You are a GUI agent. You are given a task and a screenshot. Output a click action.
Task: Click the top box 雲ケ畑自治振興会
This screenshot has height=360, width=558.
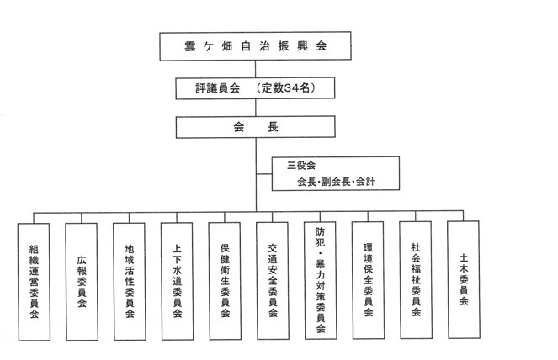pyautogui.click(x=255, y=46)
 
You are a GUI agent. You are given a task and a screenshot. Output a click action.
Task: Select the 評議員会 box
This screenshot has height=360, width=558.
pyautogui.click(x=255, y=88)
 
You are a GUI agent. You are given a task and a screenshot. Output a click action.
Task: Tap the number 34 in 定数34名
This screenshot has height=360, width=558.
pyautogui.click(x=286, y=87)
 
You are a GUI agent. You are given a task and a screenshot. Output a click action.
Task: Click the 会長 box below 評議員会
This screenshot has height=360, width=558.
pyautogui.click(x=256, y=127)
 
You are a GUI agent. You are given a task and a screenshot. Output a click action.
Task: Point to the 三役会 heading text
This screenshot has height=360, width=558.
pyautogui.click(x=301, y=166)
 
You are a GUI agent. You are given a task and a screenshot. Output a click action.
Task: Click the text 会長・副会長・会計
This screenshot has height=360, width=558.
pyautogui.click(x=336, y=183)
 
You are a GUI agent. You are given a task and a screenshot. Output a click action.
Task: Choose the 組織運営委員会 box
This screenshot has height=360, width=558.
pyautogui.click(x=35, y=282)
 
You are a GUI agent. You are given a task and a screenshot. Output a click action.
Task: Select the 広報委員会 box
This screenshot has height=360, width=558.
pyautogui.click(x=82, y=282)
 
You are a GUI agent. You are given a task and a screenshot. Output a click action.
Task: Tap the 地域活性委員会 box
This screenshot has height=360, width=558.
pyautogui.click(x=130, y=281)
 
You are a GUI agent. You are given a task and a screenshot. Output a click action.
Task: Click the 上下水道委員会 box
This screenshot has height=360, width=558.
pyautogui.click(x=178, y=281)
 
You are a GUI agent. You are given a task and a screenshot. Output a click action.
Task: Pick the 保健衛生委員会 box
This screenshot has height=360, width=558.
pyautogui.click(x=225, y=281)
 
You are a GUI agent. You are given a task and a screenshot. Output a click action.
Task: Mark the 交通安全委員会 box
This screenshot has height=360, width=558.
pyautogui.click(x=273, y=281)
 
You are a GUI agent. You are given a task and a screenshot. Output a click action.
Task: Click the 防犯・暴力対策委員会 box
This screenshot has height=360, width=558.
pyautogui.click(x=321, y=280)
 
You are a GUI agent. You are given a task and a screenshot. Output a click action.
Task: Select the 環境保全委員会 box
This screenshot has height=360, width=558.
pyautogui.click(x=369, y=280)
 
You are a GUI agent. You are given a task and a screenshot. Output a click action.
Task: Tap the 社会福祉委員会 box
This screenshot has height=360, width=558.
pyautogui.click(x=416, y=280)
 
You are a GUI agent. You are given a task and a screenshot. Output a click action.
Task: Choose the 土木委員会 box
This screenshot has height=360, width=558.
pyautogui.click(x=464, y=279)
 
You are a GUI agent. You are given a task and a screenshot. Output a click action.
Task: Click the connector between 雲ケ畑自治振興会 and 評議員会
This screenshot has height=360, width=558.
pyautogui.click(x=255, y=69)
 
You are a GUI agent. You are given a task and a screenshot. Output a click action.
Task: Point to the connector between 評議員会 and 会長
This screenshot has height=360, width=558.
pyautogui.click(x=255, y=108)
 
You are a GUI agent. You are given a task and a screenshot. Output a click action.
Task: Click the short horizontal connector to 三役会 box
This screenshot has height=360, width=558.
pyautogui.click(x=264, y=174)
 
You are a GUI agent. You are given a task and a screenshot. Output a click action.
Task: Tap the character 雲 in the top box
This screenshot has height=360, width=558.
pyautogui.click(x=190, y=46)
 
